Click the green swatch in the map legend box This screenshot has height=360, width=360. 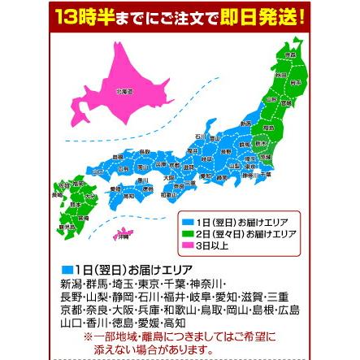pyautogui.click(x=187, y=231)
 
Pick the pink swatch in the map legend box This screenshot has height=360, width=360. pyautogui.click(x=187, y=241)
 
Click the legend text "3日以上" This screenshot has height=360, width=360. pyautogui.click(x=210, y=241)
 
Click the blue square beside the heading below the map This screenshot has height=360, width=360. pyautogui.click(x=67, y=270)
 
